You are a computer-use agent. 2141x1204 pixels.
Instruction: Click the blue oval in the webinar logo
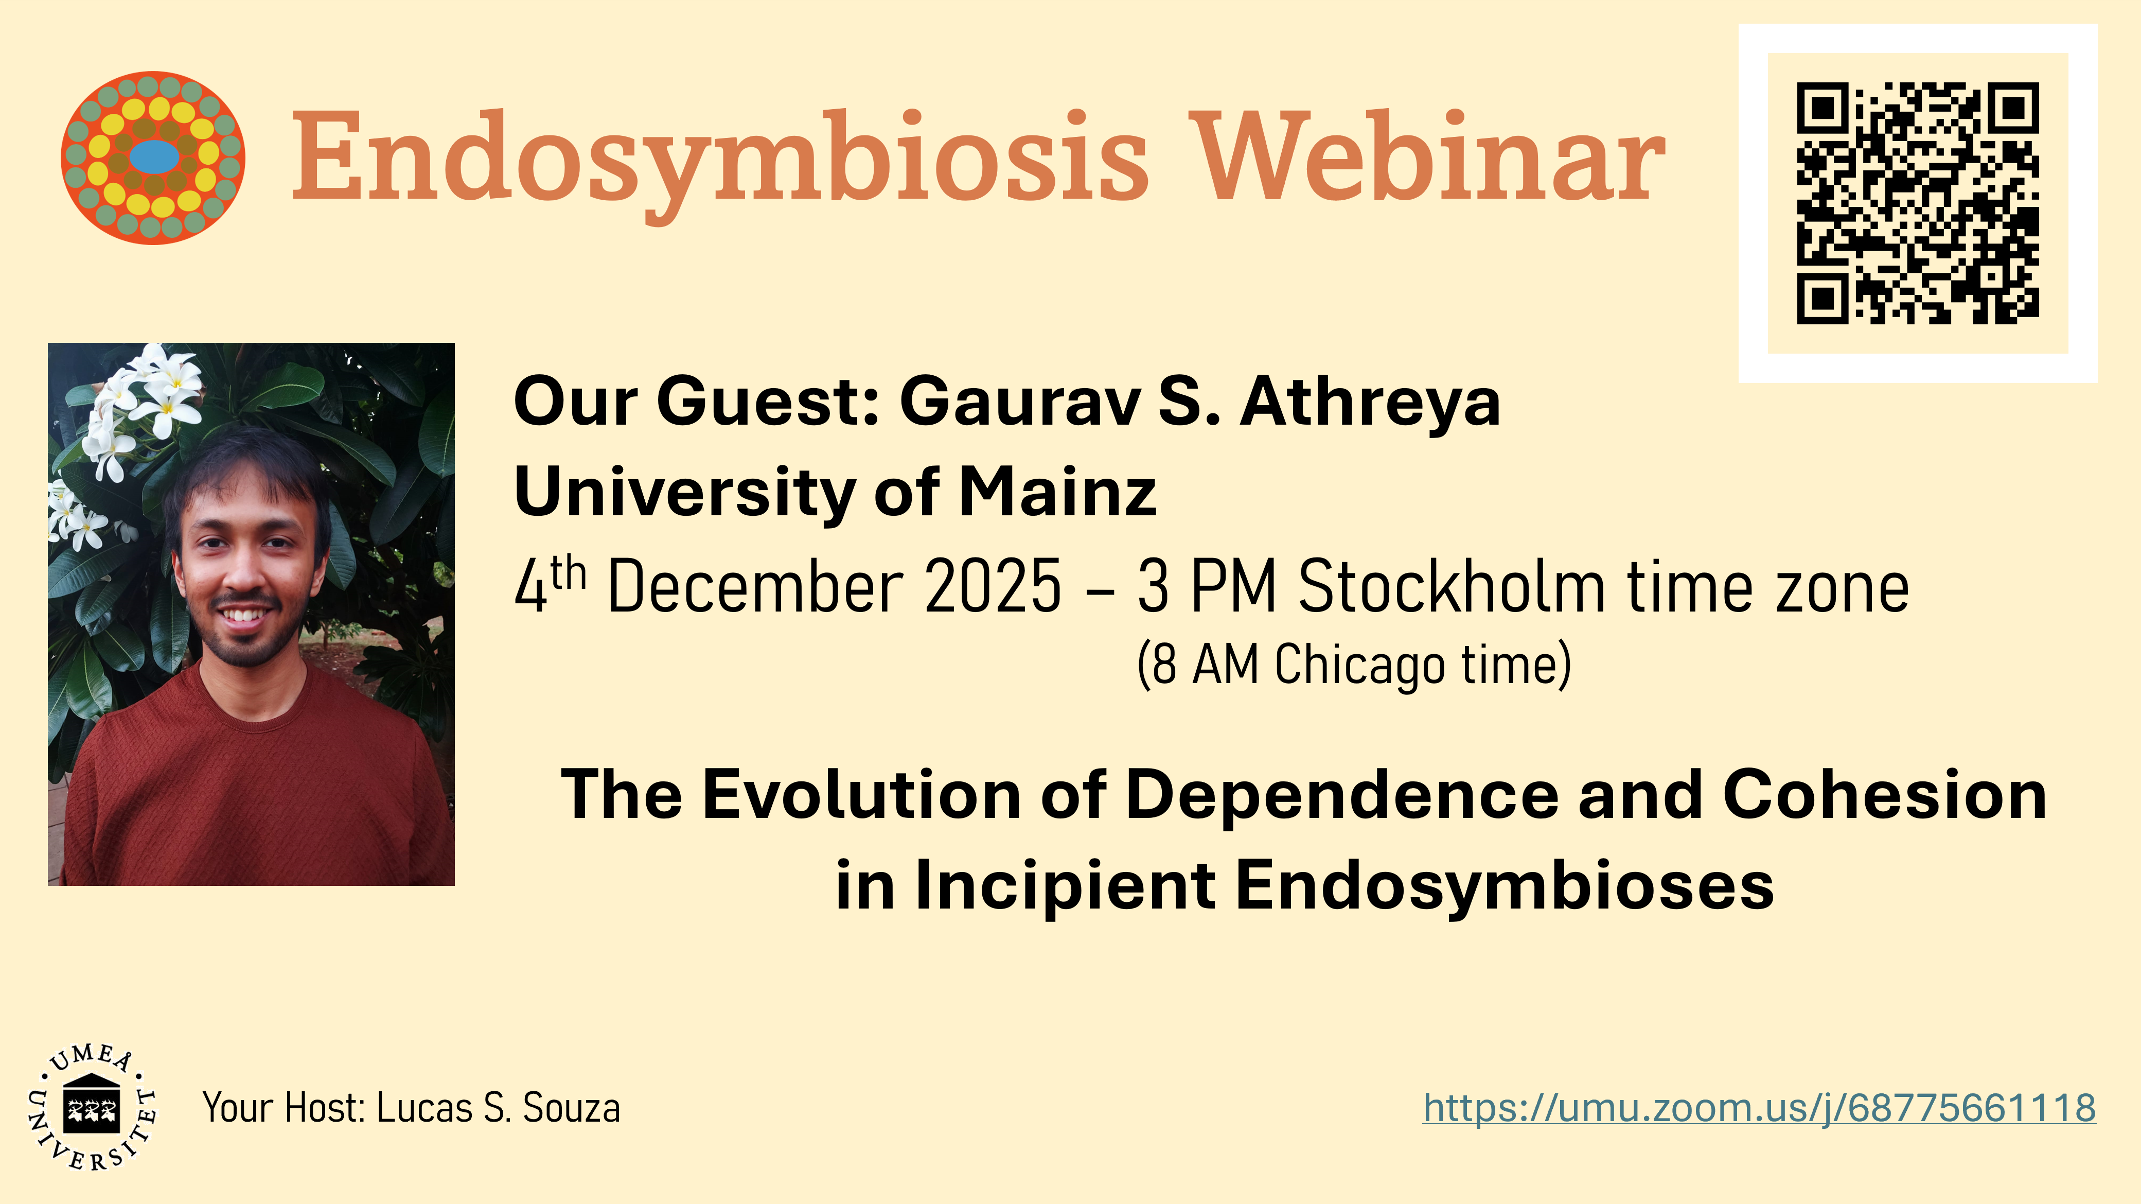tap(154, 156)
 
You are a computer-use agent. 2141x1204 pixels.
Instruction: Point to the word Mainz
tap(1057, 492)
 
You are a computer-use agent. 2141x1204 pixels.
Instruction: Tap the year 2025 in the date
tap(993, 586)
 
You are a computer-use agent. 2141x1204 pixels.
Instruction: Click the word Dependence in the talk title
tap(1341, 796)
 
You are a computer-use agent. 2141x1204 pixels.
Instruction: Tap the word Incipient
tap(1065, 886)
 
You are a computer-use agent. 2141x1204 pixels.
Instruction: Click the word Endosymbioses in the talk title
tap(1505, 886)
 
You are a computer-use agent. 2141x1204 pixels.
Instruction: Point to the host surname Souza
tap(571, 1108)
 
